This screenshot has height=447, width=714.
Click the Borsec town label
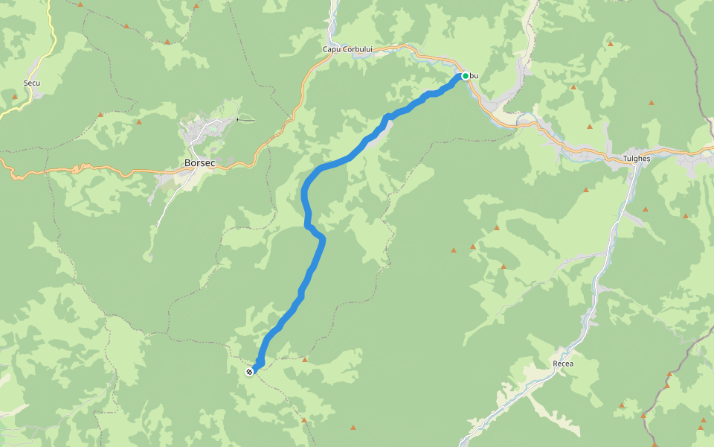[x=199, y=162]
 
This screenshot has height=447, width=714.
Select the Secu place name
[x=32, y=83]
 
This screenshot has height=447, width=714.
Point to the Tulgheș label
[x=637, y=159]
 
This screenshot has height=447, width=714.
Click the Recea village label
[x=563, y=364]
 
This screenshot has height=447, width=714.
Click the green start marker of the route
[x=466, y=75]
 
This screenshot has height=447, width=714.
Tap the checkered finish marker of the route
[x=249, y=371]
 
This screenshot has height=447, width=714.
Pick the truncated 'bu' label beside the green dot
[x=475, y=76]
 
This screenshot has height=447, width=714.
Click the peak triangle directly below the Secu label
[x=15, y=97]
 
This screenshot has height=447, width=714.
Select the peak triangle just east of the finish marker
[x=305, y=360]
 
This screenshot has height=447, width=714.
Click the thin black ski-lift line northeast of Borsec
[x=245, y=119]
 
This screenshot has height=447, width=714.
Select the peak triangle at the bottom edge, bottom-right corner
[x=702, y=428]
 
